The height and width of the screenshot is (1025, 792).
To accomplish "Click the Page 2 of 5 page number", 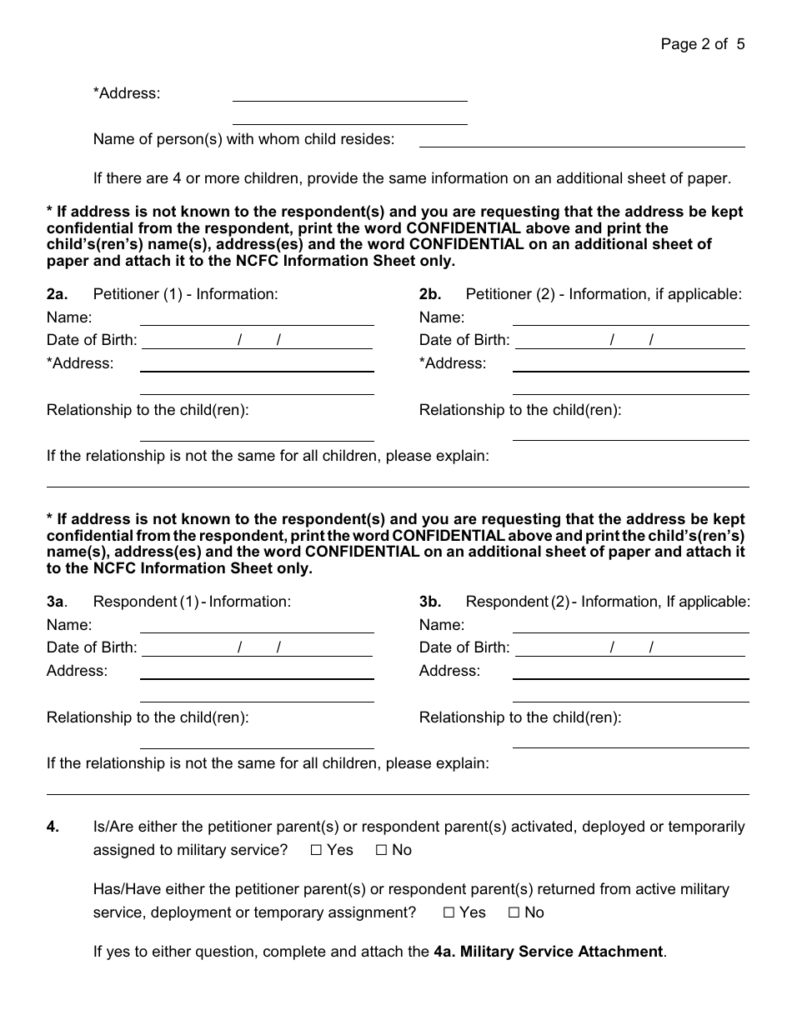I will pos(702,44).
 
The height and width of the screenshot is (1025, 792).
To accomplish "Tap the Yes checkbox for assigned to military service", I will pos(316,851).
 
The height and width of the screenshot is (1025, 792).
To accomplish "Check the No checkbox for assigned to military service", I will pos(381,851).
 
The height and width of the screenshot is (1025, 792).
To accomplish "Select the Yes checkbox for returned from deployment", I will pos(449,913).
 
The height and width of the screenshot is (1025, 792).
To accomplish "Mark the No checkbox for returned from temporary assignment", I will pos(514,913).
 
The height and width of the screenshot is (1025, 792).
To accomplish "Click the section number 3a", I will pos(57,602).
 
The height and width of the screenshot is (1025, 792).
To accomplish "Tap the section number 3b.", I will pos(430,602).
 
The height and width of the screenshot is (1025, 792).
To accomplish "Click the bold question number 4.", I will pos(53,827).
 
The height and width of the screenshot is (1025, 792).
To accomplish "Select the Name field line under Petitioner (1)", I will pos(256,319).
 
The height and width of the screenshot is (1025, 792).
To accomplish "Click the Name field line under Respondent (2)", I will pos(629,627).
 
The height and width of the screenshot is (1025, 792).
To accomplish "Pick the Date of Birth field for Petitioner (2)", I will pos(629,341).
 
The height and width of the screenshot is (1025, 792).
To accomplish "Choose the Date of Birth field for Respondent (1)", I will pos(256,648).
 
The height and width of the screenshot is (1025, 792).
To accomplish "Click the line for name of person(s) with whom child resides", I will pos(581,141).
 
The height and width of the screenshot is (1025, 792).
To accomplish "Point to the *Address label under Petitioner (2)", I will pos(453,363).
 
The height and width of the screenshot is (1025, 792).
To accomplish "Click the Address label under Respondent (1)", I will pos(77,671).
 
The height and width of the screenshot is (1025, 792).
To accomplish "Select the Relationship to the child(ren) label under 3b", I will pos(520,717).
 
